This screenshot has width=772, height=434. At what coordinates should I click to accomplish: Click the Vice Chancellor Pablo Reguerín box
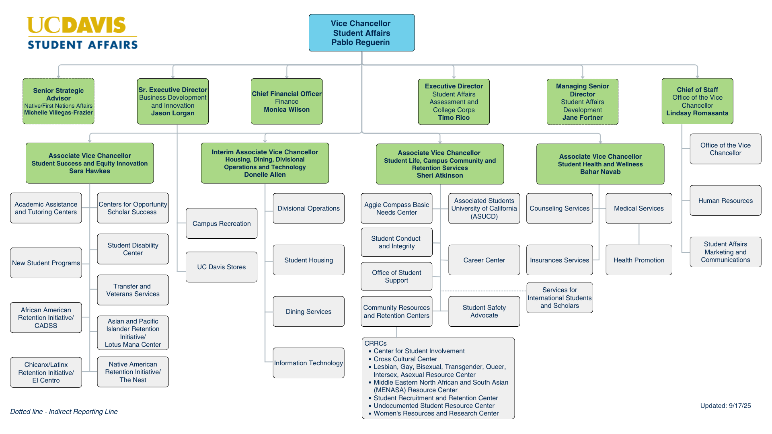(361, 33)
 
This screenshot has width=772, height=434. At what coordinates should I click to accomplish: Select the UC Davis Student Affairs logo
(82, 33)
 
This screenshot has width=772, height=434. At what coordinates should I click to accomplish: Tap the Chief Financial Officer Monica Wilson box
(287, 101)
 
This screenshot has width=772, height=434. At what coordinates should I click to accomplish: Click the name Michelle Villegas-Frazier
(58, 113)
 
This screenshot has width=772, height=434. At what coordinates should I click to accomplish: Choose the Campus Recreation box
(221, 223)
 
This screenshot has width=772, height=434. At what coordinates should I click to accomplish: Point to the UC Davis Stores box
(221, 267)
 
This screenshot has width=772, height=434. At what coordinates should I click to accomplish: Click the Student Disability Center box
(133, 249)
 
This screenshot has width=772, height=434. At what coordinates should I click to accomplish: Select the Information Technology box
(308, 363)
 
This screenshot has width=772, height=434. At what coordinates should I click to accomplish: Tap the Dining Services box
(308, 311)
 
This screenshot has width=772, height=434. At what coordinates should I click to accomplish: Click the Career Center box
(484, 260)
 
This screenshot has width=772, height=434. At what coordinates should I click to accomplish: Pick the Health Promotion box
(639, 260)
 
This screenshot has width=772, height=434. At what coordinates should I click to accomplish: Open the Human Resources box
(725, 201)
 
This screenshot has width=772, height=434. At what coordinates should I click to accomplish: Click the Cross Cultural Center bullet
(405, 359)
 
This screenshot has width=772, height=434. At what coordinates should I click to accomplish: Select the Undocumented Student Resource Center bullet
(434, 406)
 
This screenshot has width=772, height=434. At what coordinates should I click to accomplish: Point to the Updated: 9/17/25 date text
(725, 406)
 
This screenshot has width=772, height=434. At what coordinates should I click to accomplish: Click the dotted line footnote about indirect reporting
(64, 411)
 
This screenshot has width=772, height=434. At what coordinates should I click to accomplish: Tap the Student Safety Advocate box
(484, 311)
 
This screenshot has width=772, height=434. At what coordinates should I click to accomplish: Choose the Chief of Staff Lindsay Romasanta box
(697, 101)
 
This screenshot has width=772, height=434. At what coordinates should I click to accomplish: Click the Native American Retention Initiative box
(133, 372)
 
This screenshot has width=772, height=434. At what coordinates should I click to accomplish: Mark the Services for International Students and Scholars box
(559, 298)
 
